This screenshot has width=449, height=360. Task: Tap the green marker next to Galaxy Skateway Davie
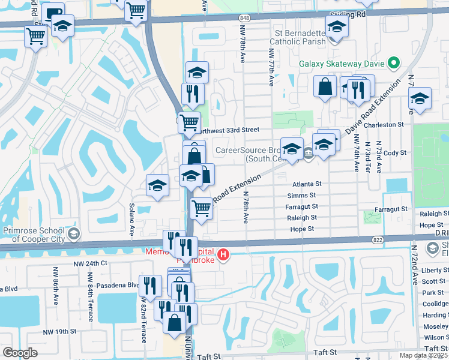coord(394,63)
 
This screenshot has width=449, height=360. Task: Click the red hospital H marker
coord(223,255)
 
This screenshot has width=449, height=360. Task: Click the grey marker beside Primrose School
coord(74,233)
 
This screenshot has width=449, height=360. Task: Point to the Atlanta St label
coord(307,184)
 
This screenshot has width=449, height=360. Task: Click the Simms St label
coord(301,196)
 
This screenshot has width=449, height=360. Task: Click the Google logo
coord(20,353)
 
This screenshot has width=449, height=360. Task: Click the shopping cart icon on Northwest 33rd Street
coord(190,122)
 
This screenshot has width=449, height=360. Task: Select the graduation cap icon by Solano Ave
coord(157,185)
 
